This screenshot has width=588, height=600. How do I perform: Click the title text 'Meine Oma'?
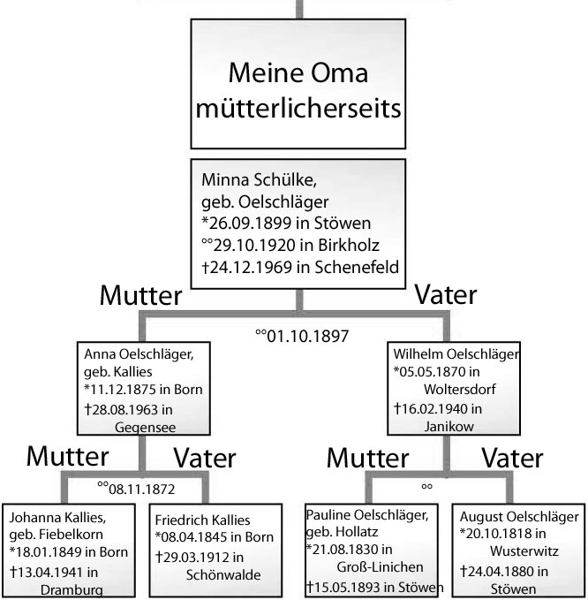(298, 72)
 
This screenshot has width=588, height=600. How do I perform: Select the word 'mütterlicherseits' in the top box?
(298, 109)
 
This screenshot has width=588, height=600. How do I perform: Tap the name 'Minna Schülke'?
(259, 180)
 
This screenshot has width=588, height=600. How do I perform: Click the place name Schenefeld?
(357, 267)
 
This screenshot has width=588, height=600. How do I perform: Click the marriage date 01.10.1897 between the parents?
(307, 337)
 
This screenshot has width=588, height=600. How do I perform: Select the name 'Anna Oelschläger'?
(139, 354)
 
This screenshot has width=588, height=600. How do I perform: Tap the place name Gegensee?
(146, 427)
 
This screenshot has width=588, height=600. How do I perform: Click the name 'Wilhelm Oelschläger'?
(456, 354)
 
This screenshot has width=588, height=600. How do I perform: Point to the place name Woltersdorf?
(460, 389)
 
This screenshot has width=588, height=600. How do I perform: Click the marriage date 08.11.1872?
(141, 489)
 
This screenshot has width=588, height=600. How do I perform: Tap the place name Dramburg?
(72, 590)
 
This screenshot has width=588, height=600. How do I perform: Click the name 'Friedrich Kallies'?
(203, 520)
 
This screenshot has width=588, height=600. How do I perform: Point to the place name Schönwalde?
(223, 574)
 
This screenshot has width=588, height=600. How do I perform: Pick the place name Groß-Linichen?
(380, 566)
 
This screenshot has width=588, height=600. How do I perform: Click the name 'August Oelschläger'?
(519, 517)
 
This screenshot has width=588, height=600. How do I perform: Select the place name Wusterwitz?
(524, 551)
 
